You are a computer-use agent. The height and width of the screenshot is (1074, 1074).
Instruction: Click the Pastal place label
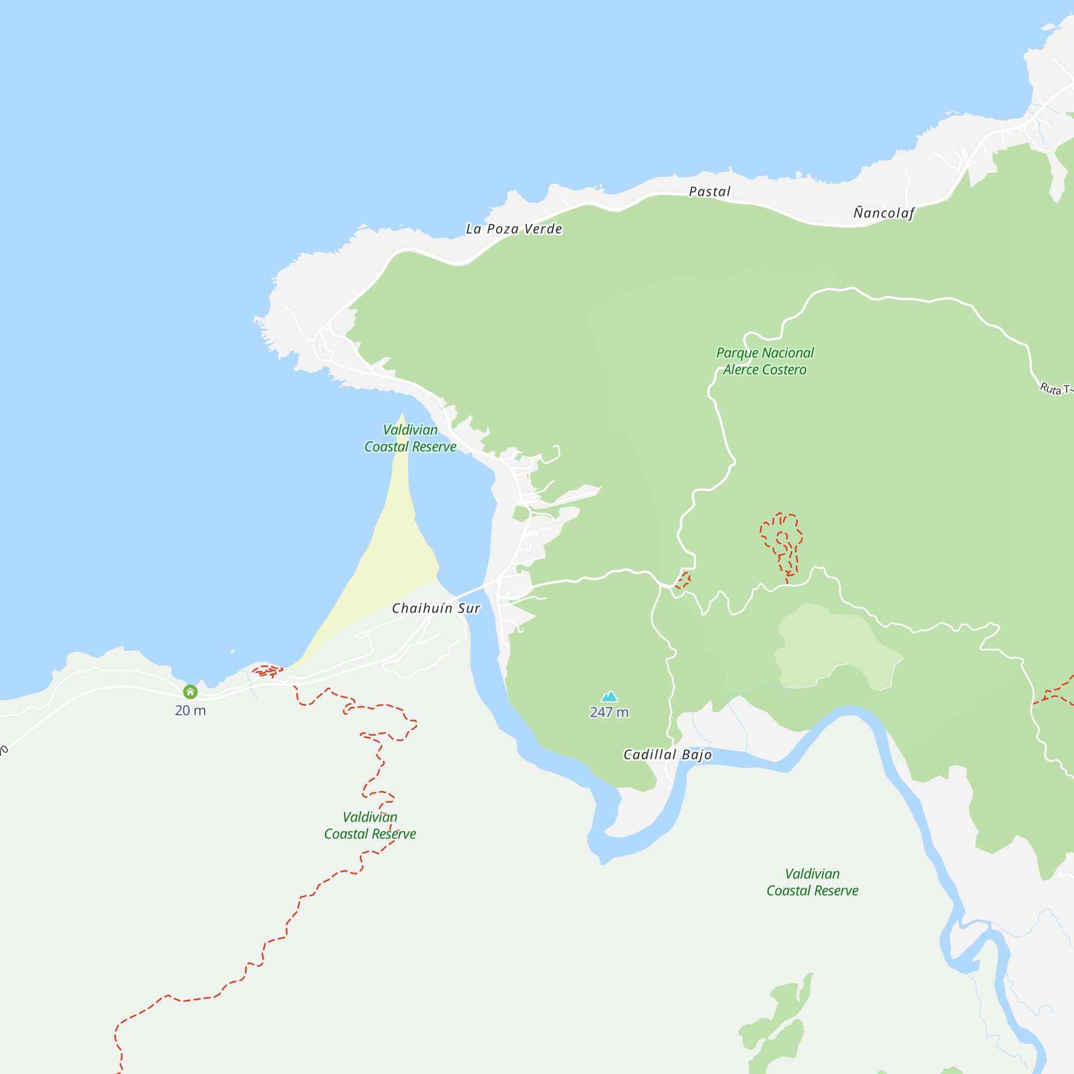(x=709, y=192)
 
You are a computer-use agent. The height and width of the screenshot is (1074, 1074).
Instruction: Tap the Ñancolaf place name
(x=884, y=213)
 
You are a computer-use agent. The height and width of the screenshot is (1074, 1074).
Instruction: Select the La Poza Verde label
(x=514, y=229)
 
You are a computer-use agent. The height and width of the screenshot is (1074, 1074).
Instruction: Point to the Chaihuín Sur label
(x=436, y=608)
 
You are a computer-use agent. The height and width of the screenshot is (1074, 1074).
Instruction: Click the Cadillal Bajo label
(x=667, y=754)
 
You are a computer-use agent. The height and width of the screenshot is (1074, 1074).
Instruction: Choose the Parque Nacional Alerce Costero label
(x=764, y=361)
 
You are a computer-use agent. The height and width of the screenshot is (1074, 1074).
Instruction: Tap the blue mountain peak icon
(x=610, y=696)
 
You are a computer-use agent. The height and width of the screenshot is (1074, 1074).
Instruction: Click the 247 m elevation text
(x=609, y=712)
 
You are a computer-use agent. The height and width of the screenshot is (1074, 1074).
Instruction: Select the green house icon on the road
(x=191, y=692)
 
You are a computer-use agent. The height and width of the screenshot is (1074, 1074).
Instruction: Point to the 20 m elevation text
(x=191, y=710)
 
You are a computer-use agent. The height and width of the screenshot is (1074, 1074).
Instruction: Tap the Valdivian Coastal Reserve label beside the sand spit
(x=410, y=438)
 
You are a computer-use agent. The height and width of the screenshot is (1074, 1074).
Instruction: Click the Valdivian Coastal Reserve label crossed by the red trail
(x=370, y=825)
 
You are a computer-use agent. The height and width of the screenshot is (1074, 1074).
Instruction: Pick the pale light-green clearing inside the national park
(x=834, y=645)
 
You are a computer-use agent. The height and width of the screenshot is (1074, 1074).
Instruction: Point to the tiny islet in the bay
(x=233, y=651)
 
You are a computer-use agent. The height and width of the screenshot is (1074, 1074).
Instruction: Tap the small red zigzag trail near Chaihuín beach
(x=268, y=672)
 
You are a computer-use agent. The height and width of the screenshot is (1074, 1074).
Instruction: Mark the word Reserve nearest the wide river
(x=836, y=890)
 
